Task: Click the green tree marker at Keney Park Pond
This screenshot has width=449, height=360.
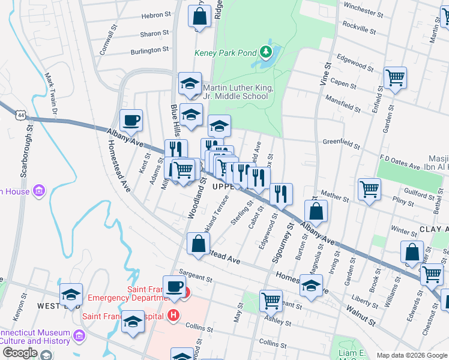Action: (266, 53)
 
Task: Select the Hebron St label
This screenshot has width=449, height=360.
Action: (155, 16)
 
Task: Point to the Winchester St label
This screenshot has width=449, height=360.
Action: (363, 11)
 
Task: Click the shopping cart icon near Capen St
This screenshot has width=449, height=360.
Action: (396, 78)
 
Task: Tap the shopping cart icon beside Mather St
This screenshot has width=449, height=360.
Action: (369, 190)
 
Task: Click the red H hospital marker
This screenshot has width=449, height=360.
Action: (174, 314)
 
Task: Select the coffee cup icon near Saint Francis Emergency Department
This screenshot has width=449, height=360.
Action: (175, 287)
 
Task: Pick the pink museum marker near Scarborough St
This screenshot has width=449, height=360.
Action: (40, 191)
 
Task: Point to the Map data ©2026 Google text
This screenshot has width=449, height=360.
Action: (411, 355)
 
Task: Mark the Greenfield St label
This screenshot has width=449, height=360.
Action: (341, 144)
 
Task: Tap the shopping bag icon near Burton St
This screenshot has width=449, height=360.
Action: (315, 212)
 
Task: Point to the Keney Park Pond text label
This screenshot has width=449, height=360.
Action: (225, 53)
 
